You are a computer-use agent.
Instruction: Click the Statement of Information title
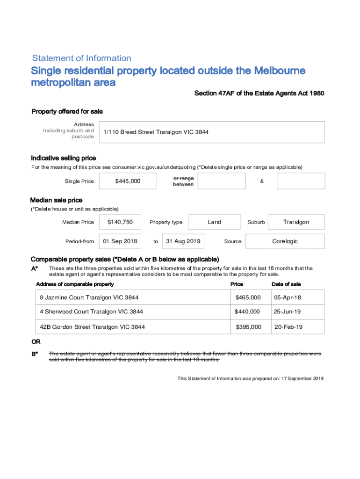[81, 58]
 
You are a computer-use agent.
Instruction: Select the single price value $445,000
[128, 181]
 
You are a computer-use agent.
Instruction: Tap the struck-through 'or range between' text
[183, 181]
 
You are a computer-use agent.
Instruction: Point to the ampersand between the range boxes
[261, 181]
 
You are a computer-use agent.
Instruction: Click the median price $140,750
[120, 222]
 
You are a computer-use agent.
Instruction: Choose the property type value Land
[215, 222]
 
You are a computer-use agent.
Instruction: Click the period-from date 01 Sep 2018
[120, 241]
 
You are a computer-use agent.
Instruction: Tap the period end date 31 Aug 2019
[183, 241]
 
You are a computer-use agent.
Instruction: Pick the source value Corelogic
[285, 241]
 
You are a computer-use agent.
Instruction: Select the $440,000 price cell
[247, 312]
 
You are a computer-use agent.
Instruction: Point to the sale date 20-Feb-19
[288, 327]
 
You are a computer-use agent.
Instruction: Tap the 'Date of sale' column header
[286, 284]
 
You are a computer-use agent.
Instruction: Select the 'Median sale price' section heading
[56, 200]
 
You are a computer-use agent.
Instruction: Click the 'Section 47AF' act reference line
[259, 94]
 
